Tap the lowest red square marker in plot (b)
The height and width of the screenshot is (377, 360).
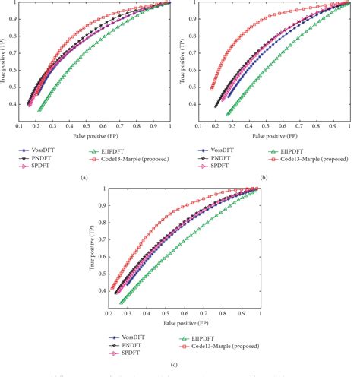click(212, 89)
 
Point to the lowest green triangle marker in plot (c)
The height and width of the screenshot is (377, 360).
click(122, 302)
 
